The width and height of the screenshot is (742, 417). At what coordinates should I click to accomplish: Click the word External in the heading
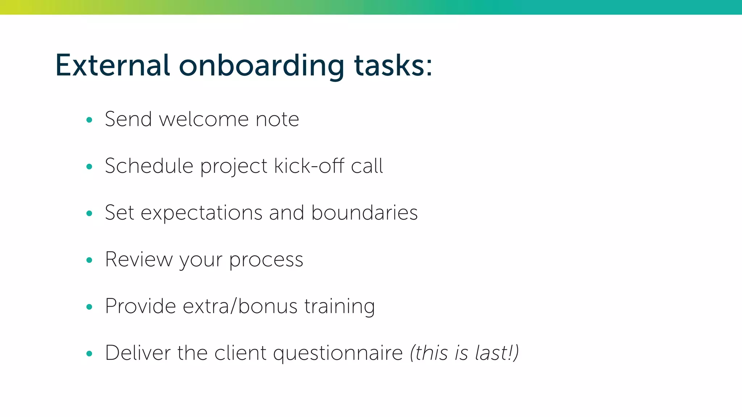tap(112, 66)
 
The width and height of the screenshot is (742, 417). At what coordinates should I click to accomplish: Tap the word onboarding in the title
tap(261, 66)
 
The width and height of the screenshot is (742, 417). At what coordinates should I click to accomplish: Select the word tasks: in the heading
tap(393, 66)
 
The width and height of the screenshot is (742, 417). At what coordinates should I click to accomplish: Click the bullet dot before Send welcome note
tap(89, 120)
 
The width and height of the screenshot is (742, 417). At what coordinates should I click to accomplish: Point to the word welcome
tap(204, 119)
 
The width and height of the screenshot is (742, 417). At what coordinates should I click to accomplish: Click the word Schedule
tap(149, 166)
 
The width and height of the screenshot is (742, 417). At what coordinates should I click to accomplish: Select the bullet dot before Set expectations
tap(89, 214)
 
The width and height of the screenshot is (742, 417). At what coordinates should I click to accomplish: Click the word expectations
tap(201, 213)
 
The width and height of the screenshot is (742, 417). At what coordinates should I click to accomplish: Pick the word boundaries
tap(364, 213)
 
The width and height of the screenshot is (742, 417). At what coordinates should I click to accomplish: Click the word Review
tap(139, 260)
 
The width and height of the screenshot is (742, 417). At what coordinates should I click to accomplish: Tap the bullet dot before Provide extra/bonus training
tap(89, 307)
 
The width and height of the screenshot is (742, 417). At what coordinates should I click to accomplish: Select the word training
tap(339, 307)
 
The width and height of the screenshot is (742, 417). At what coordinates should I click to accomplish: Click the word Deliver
tap(138, 353)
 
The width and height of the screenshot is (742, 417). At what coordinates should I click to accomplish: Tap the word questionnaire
tap(338, 354)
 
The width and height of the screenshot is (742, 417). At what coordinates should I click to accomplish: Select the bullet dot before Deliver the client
tap(89, 354)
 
